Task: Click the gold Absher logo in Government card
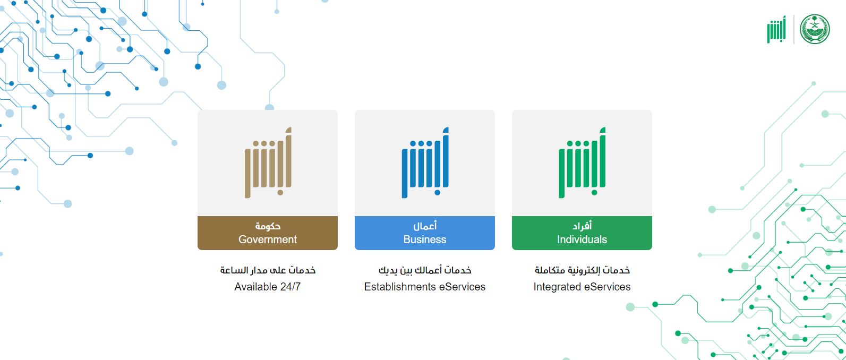(268, 163)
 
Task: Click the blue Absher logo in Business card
(425, 163)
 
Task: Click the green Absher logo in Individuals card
(582, 163)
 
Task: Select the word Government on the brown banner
(268, 239)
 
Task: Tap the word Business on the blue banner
(425, 239)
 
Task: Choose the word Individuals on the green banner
(582, 239)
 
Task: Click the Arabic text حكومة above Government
(268, 226)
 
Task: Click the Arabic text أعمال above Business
(425, 226)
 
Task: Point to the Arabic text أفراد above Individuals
(582, 226)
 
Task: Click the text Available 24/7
(268, 287)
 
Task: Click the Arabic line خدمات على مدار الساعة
(268, 270)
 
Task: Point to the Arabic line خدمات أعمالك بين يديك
(425, 270)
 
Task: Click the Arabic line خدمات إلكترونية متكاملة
(582, 270)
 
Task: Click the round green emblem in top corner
(815, 29)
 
